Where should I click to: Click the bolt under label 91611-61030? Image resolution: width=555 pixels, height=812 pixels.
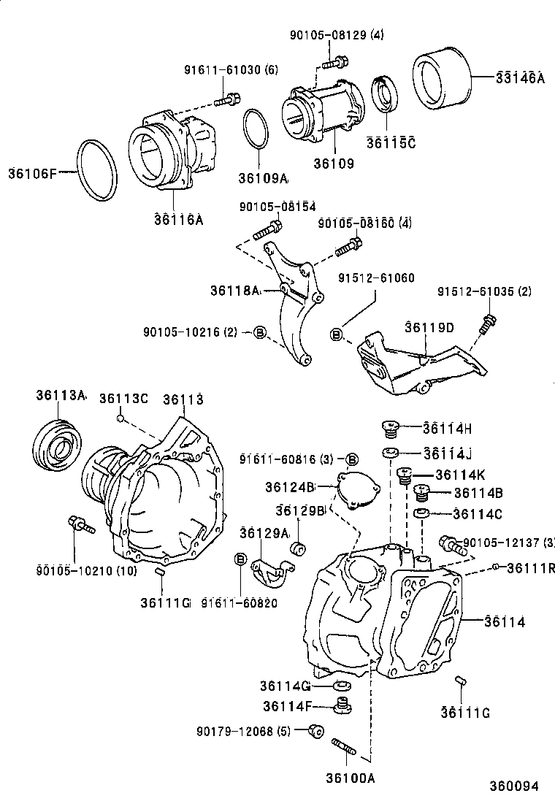(228, 99)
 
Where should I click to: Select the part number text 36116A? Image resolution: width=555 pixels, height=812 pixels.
(178, 218)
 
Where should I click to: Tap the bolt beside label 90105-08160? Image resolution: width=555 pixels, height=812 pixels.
(349, 247)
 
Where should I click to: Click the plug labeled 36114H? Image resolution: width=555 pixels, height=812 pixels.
(391, 429)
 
